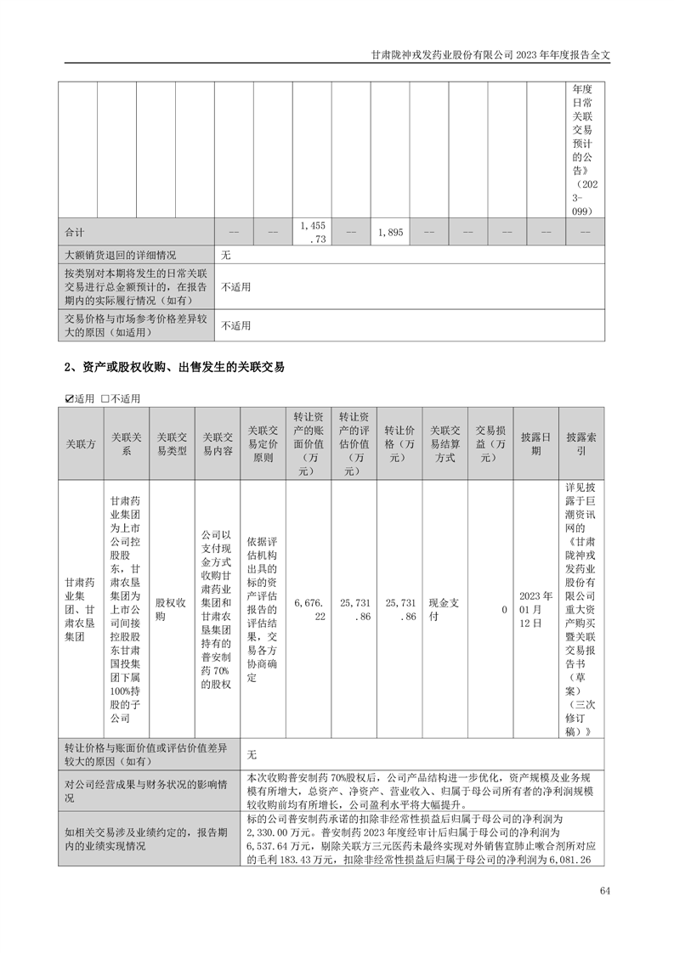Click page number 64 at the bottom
point(604,890)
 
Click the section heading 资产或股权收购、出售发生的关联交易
point(174,368)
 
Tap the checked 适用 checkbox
point(70,398)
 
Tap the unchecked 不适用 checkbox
point(105,398)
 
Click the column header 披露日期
point(535,443)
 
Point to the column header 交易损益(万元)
point(490,443)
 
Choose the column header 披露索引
point(581,443)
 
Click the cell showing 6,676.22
point(309,610)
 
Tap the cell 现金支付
point(445,610)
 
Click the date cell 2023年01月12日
point(535,610)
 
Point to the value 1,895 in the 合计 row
point(388,232)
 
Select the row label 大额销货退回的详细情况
point(120,254)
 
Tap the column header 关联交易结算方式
point(445,443)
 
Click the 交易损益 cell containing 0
point(504,610)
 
